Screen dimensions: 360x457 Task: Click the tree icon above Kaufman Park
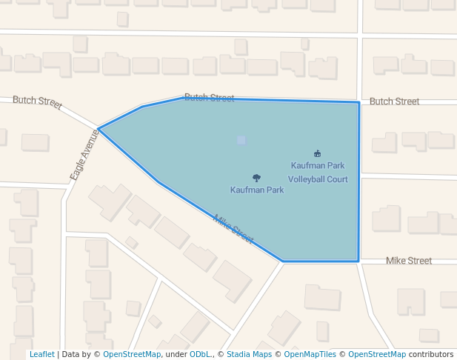(256, 178)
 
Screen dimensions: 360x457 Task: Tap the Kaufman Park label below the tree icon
(257, 190)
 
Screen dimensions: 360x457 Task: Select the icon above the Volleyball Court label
(317, 153)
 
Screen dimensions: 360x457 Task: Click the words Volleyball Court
(318, 179)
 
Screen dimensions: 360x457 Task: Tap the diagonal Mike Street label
(233, 229)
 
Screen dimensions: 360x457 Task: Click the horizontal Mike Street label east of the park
(409, 261)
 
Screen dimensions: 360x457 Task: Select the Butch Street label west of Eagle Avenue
(37, 102)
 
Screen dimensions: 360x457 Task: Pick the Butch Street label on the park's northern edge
(209, 98)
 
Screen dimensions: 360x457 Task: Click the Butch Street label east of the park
(394, 101)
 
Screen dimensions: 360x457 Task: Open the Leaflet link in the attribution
(41, 355)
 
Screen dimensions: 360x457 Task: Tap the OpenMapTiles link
(311, 355)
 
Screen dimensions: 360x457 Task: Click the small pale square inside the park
(241, 140)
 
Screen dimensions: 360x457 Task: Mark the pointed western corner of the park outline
(99, 129)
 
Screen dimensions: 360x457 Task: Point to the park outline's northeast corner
(359, 103)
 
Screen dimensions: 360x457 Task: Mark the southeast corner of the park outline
(359, 261)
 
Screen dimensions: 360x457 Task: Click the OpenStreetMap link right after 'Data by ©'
(132, 355)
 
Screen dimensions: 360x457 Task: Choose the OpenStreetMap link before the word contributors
(377, 355)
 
